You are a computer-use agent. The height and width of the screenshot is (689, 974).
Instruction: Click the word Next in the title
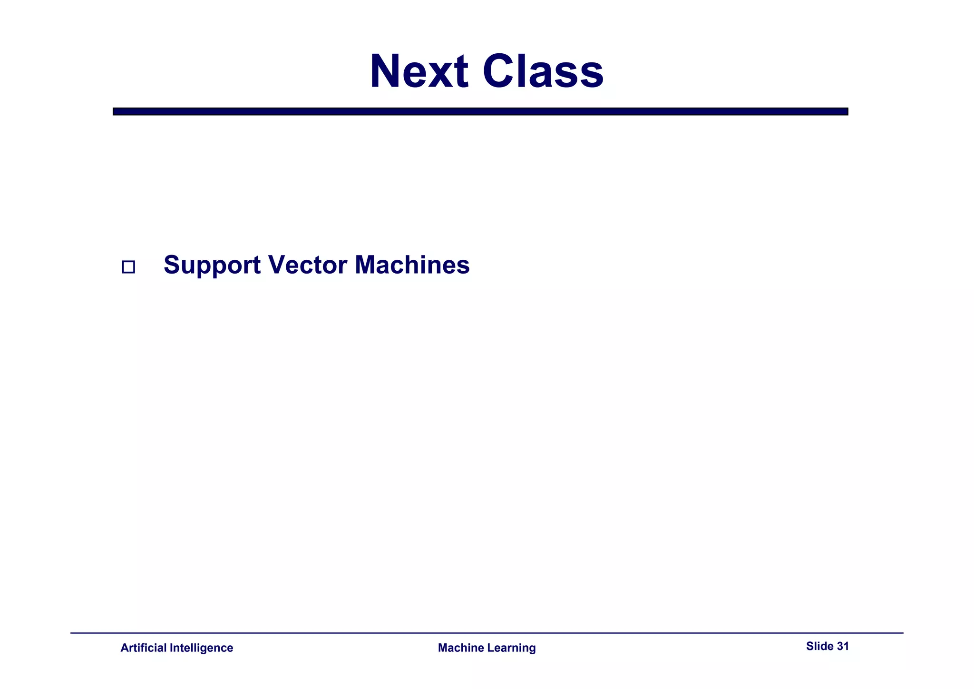[419, 71]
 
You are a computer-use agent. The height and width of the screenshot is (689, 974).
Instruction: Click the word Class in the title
[543, 71]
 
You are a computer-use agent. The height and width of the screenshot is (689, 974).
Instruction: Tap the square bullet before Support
[128, 267]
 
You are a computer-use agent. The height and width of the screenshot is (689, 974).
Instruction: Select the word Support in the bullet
[212, 266]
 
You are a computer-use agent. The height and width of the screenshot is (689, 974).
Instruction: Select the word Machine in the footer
[460, 648]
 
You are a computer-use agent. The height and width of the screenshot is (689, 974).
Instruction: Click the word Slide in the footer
[819, 646]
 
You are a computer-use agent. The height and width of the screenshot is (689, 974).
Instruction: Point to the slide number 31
[843, 646]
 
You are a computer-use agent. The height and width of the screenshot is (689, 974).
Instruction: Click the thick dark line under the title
[480, 111]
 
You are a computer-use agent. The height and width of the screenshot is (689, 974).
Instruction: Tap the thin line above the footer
[487, 633]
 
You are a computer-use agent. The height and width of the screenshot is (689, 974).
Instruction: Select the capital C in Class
[499, 71]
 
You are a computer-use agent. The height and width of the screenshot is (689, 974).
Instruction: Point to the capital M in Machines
[367, 265]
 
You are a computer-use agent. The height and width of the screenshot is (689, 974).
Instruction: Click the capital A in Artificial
[124, 648]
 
